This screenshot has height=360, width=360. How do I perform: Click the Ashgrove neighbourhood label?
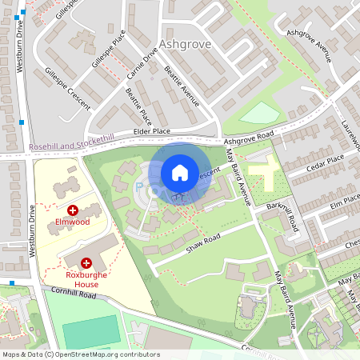185,44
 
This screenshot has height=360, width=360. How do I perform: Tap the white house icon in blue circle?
180,172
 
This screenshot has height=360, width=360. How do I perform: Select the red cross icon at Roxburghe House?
86,262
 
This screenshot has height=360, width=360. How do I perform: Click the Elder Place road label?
151,130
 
